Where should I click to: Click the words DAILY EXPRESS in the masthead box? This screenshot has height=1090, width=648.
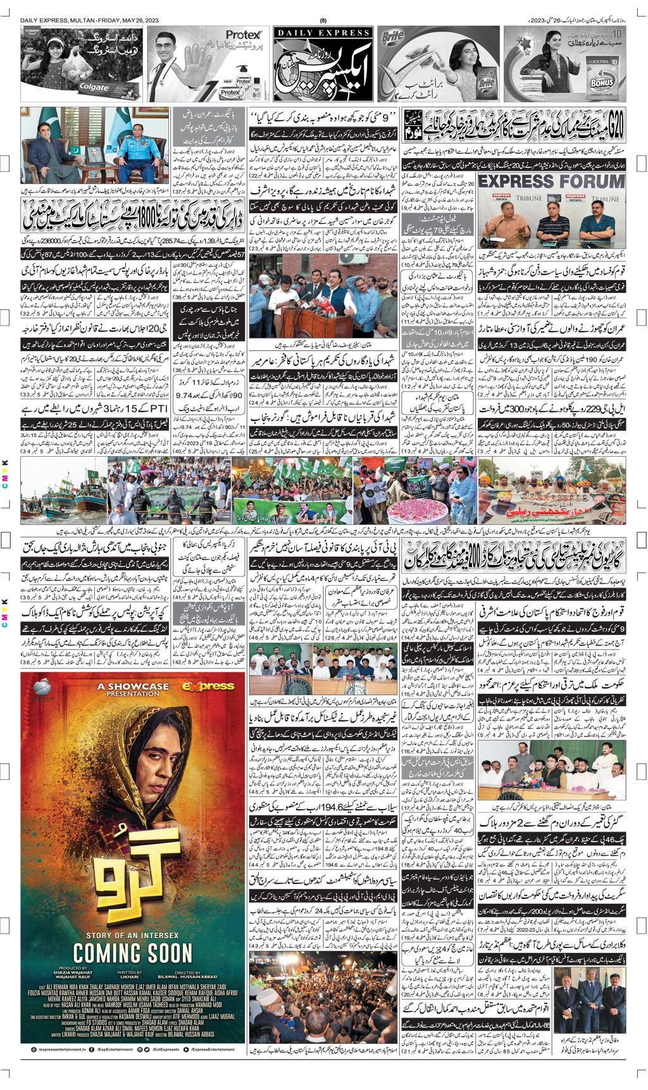[x=323, y=32]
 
